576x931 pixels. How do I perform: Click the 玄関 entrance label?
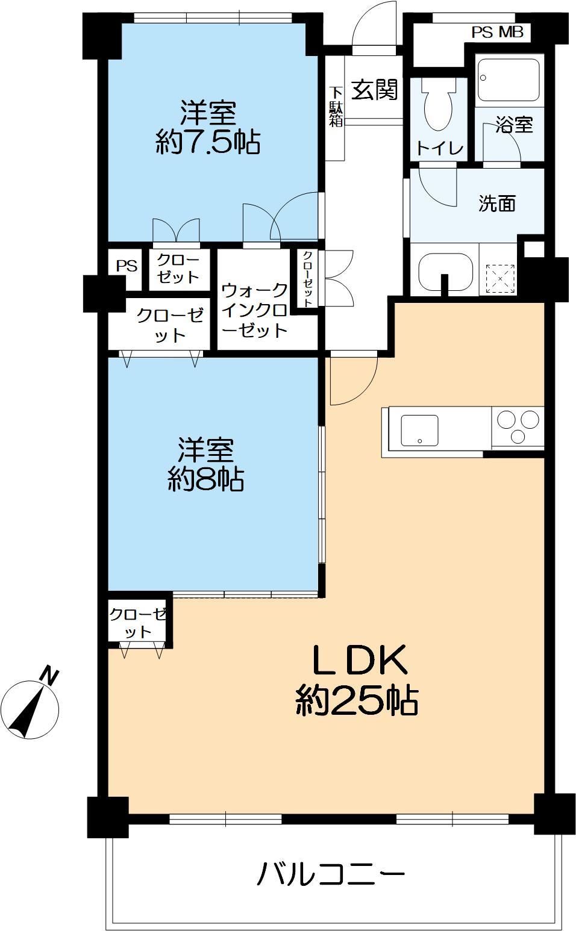[374, 90]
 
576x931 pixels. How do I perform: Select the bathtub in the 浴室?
[509, 79]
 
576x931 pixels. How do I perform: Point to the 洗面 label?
[497, 203]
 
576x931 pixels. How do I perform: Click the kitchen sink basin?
[419, 430]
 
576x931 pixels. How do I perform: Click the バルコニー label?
[330, 874]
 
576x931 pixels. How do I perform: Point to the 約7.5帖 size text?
[208, 142]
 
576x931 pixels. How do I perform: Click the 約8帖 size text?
[206, 479]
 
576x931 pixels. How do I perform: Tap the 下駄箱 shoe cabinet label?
[336, 107]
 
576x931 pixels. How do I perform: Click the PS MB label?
[498, 33]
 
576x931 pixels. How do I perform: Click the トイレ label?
[440, 148]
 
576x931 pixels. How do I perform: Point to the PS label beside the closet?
[127, 266]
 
